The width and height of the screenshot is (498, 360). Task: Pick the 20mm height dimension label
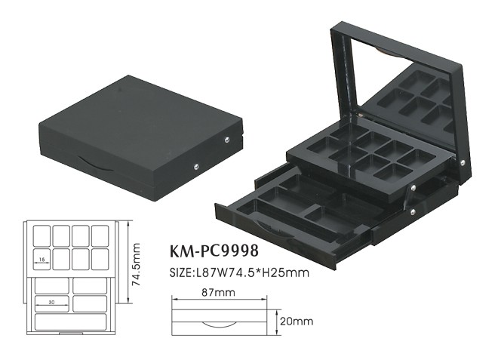point(296,320)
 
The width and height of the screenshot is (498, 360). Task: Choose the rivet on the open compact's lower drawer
point(411,213)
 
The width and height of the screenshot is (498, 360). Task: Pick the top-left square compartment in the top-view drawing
point(41,234)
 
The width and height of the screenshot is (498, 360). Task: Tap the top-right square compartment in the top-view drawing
point(103,234)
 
